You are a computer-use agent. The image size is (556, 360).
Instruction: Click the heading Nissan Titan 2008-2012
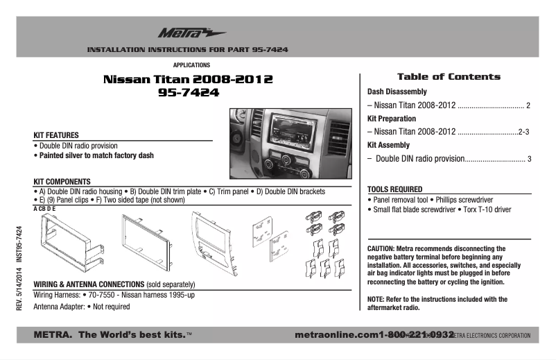tap(187, 80)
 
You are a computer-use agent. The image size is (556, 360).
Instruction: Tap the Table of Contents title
tap(448, 76)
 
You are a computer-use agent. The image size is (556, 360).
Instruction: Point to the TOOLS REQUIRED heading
tap(394, 189)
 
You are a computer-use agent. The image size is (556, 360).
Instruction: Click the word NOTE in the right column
tap(376, 300)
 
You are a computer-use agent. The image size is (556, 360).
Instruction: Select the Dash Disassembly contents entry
tap(397, 92)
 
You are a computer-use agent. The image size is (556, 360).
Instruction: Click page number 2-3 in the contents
tap(524, 132)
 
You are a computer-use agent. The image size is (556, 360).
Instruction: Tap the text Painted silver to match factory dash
tap(94, 156)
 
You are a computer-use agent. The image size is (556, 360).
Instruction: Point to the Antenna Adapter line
tap(81, 306)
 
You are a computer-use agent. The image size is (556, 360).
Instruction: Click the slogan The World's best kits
tap(132, 335)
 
